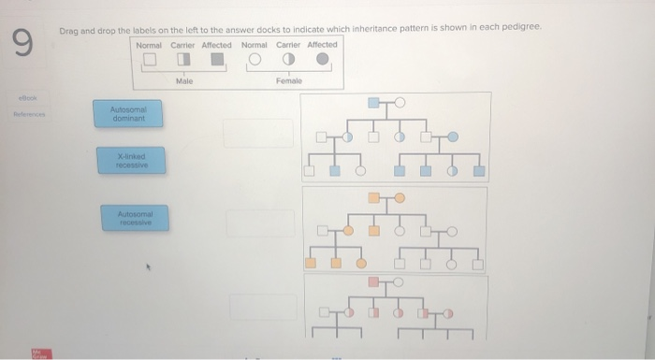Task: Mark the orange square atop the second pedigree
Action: coord(374,197)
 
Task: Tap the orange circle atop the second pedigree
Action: coord(400,197)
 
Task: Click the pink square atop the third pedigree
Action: coord(374,281)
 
